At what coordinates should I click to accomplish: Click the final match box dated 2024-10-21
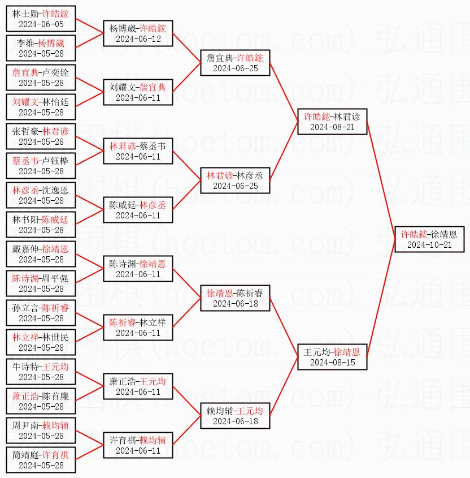point(429,239)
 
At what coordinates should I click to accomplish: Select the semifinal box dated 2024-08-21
point(333,121)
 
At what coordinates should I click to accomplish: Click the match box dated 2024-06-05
point(41,18)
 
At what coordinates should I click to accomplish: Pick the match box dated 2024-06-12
point(138,33)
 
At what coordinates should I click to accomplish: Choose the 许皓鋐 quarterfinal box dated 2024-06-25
point(235,62)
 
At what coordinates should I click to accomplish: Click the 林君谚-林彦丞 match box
point(235,180)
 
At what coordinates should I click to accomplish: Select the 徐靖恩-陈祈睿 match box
point(235,298)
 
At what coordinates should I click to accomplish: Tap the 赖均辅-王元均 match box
point(235,415)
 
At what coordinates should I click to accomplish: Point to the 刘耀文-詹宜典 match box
point(138,92)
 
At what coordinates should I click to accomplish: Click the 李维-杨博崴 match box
point(41,48)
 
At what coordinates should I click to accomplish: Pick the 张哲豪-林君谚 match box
point(41,136)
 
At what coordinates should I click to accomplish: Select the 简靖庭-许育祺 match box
point(41,459)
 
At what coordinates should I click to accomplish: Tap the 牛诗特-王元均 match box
point(41,371)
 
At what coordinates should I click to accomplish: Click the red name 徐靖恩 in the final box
point(443,234)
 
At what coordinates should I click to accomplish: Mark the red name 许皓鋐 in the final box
point(414,234)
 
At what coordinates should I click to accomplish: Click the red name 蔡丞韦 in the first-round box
point(25,160)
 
